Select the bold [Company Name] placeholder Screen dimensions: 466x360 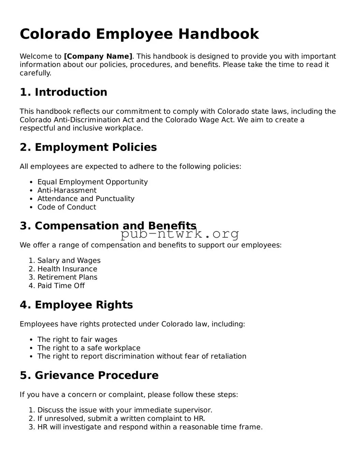[98, 56]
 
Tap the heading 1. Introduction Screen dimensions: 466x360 [63, 92]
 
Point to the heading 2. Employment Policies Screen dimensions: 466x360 [88, 147]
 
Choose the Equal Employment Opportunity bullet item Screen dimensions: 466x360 [92, 182]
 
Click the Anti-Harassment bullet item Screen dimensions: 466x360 [67, 190]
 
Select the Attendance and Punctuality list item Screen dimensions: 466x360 [86, 199]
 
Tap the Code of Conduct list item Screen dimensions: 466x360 [67, 207]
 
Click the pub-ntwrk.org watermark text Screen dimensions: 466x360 [180, 234]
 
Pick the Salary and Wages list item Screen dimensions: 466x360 [69, 260]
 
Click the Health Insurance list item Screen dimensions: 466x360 [67, 269]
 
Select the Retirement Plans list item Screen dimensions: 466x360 [67, 277]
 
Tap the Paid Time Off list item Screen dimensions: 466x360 [61, 286]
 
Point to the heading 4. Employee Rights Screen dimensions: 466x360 [76, 305]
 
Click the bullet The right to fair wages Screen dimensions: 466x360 [77, 340]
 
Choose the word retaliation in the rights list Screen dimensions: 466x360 [227, 356]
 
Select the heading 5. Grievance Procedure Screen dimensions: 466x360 [89, 375]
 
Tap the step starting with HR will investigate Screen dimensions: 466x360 [150, 427]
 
